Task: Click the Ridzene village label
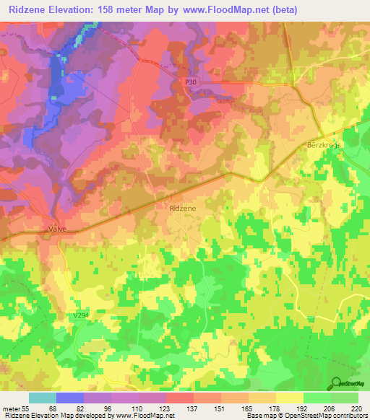tap(182, 208)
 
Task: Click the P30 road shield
tap(190, 83)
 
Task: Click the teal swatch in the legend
tap(43, 398)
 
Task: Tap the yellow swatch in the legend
tap(290, 398)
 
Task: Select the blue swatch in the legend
tap(70, 398)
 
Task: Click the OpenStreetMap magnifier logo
tap(336, 383)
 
